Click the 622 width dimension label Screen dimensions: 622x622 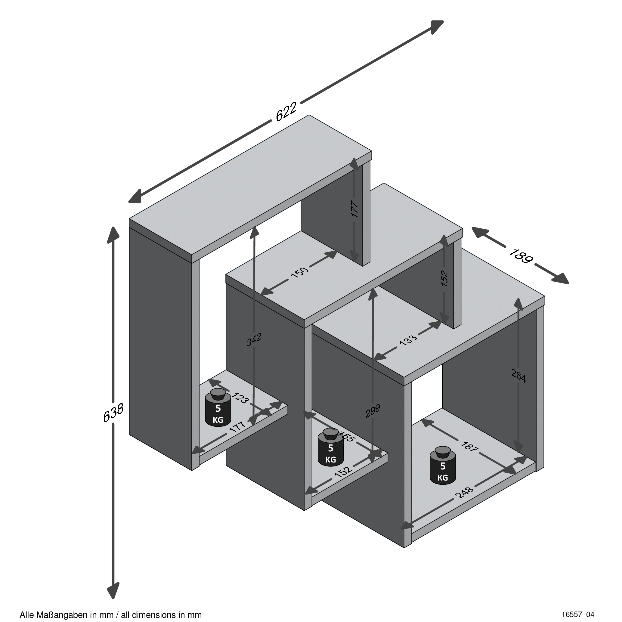click(286, 112)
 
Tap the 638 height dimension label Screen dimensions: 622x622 click(113, 413)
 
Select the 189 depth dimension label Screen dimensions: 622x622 click(521, 256)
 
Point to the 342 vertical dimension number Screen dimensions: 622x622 click(254, 340)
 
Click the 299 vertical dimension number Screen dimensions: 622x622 click(373, 411)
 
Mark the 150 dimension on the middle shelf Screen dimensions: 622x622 click(299, 272)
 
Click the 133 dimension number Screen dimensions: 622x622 click(408, 340)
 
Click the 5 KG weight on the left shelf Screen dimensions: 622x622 click(218, 408)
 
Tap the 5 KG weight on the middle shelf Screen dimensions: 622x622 click(331, 447)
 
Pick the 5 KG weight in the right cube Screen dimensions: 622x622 click(443, 466)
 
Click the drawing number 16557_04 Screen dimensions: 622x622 click(578, 614)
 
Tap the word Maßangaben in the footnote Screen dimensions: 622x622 click(61, 615)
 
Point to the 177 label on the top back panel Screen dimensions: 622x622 click(354, 209)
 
